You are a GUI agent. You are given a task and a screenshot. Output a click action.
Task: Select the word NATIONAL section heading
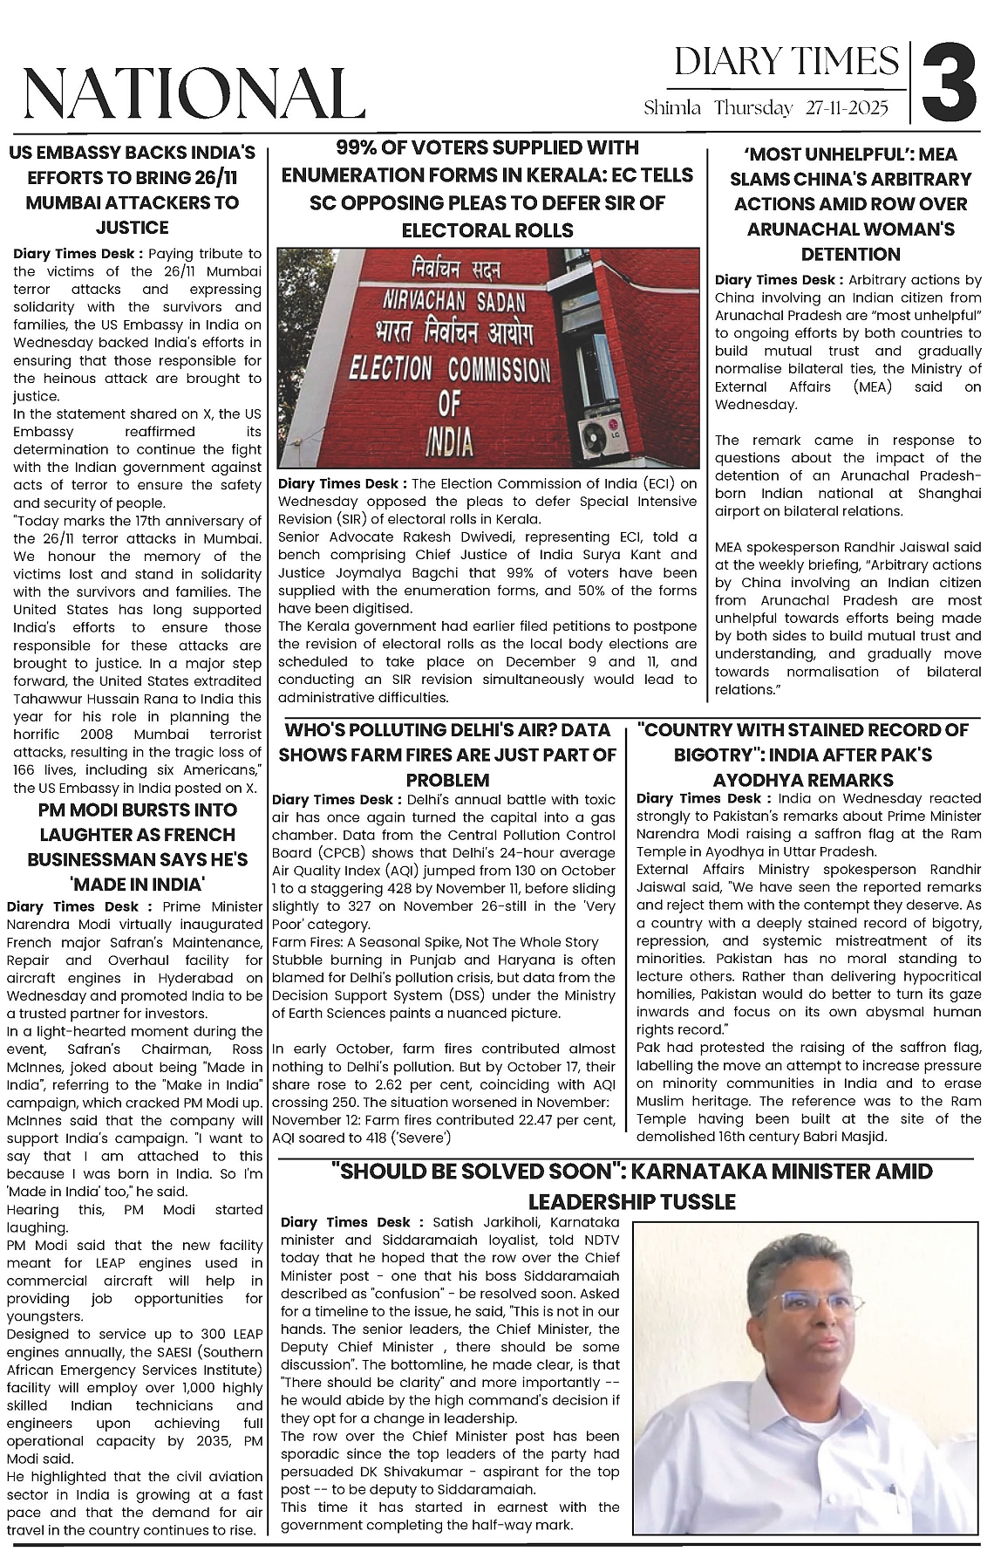click(193, 92)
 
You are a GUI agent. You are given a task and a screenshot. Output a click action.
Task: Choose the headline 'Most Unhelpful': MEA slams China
click(850, 204)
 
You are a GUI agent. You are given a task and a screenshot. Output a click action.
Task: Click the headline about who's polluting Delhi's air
click(447, 755)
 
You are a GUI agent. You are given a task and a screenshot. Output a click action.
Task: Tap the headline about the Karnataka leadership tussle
click(632, 1186)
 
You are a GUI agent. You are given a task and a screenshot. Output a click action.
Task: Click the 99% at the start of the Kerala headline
click(361, 147)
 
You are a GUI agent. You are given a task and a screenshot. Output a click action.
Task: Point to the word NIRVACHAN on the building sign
click(419, 303)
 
